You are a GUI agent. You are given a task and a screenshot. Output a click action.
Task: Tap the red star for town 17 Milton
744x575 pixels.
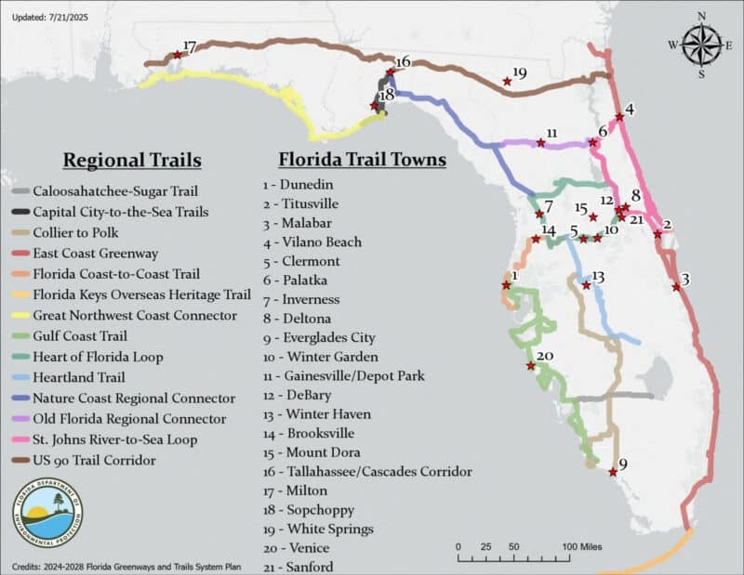tap(178, 54)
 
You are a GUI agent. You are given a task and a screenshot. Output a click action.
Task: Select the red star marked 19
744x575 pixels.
tap(507, 82)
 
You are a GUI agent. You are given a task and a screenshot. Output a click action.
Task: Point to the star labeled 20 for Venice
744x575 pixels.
tap(530, 365)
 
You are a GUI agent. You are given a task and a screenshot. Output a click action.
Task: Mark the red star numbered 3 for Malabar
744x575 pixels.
tap(676, 287)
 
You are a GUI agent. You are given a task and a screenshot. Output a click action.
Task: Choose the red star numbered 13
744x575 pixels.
tap(586, 286)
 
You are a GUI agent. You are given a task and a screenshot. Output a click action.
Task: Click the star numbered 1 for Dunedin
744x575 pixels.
tap(506, 285)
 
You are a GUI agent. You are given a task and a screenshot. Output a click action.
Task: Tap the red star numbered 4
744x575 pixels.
tap(619, 117)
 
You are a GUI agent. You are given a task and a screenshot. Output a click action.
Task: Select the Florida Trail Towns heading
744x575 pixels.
tap(363, 159)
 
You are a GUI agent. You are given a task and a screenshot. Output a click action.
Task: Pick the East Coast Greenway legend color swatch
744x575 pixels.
tap(20, 254)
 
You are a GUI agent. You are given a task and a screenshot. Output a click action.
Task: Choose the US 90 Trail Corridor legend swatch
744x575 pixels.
tap(20, 460)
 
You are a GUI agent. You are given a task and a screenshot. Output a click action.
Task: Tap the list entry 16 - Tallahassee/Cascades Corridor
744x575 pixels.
tap(366, 472)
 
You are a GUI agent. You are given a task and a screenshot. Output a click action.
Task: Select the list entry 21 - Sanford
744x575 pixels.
tap(299, 567)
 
